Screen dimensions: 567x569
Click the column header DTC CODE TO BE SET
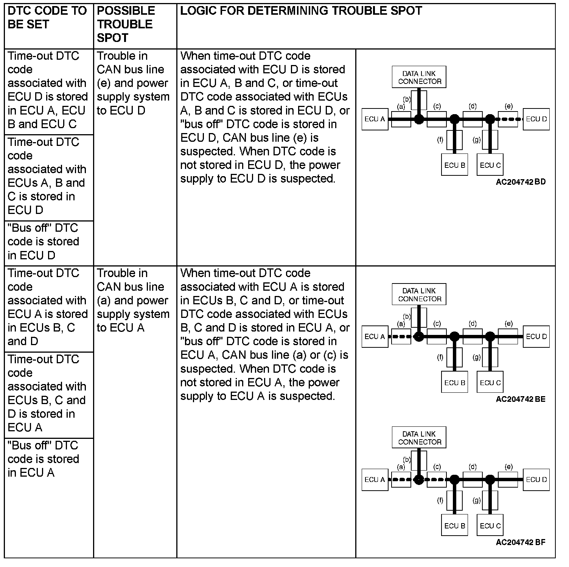click(47, 17)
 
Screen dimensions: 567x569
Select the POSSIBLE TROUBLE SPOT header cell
click(126, 24)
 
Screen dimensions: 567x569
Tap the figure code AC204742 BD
click(521, 182)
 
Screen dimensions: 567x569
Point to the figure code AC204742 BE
click(521, 399)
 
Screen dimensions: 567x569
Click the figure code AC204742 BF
click(521, 542)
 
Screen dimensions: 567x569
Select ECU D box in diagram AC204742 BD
click(536, 119)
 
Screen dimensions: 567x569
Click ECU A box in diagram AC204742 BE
click(375, 336)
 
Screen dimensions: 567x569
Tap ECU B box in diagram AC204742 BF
click(454, 526)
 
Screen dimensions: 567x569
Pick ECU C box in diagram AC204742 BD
click(490, 165)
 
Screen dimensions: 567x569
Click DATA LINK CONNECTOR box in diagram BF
click(419, 438)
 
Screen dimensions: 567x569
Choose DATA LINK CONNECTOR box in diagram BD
click(419, 77)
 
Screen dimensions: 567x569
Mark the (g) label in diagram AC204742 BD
click(477, 140)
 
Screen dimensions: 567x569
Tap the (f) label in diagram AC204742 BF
click(440, 500)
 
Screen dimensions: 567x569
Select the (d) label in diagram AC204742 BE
click(473, 324)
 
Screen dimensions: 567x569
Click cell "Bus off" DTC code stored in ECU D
click(44, 242)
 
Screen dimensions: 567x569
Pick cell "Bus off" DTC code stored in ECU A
click(44, 459)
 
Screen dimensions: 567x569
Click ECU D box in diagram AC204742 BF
click(536, 480)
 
